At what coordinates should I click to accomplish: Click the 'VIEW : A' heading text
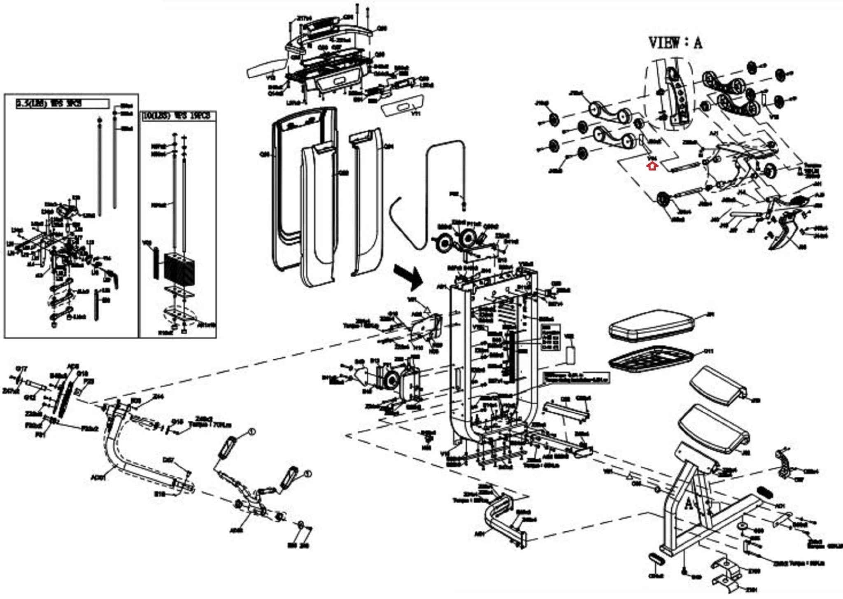click(x=675, y=43)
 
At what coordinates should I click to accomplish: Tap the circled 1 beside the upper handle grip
click(x=252, y=432)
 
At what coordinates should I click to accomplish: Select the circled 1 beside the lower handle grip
click(x=307, y=474)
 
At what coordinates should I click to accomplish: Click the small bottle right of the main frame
click(x=570, y=354)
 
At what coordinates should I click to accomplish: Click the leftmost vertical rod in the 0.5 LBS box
click(x=100, y=165)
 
